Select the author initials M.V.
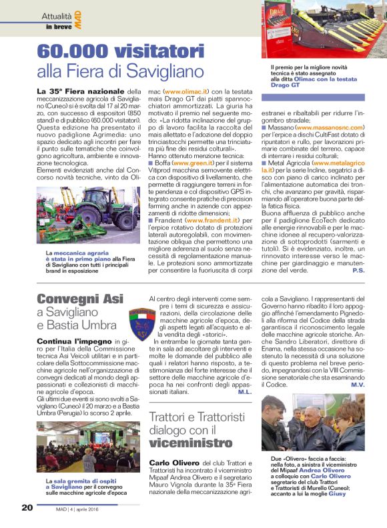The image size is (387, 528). pos(358,385)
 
